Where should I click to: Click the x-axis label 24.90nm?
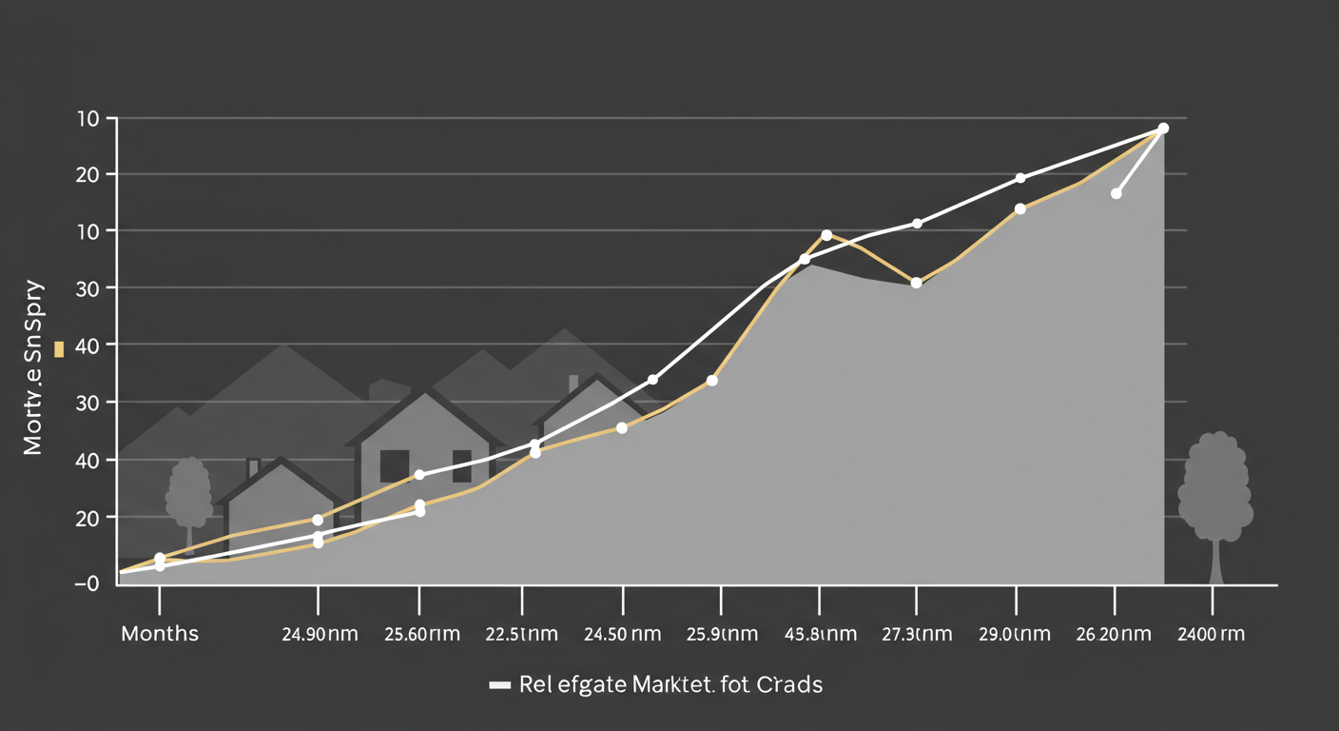click(320, 634)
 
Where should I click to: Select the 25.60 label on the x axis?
click(419, 634)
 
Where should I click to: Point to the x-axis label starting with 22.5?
click(521, 634)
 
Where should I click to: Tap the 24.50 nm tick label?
click(623, 634)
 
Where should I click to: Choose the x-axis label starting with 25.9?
click(722, 634)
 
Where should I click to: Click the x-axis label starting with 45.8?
click(819, 634)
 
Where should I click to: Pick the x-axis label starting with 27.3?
click(916, 634)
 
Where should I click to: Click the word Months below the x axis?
click(160, 634)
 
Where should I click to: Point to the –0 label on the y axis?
click(87, 583)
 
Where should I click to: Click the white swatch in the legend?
click(500, 685)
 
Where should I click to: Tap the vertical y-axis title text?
click(34, 366)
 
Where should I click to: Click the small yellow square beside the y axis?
click(59, 350)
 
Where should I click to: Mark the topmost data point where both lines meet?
click(1163, 128)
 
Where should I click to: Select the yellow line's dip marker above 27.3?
click(916, 283)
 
